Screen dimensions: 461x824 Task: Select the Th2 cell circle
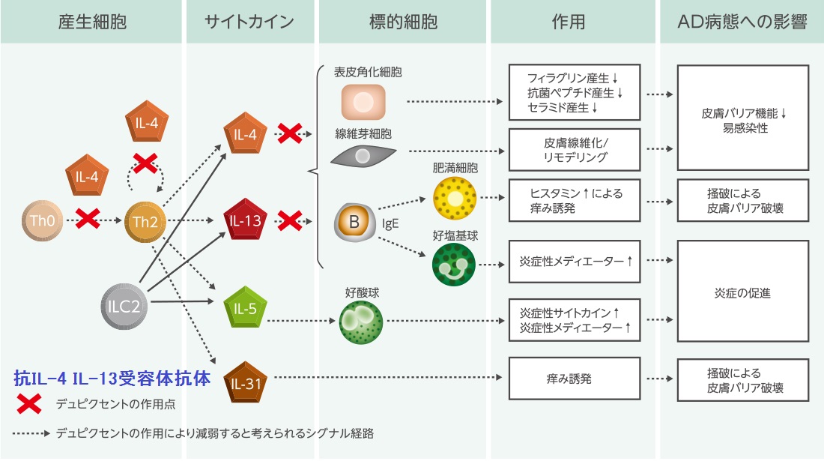(x=143, y=221)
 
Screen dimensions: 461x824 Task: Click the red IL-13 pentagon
(x=246, y=221)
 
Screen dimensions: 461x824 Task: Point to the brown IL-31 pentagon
(x=246, y=382)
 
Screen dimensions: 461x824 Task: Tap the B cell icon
(x=354, y=222)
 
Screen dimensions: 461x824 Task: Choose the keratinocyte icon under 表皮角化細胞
(x=363, y=102)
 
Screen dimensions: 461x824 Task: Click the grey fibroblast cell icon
(x=363, y=155)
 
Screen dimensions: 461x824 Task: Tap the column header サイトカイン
(x=249, y=22)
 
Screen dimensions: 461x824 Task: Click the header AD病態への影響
(x=741, y=22)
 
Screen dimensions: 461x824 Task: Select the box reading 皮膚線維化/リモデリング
(x=575, y=150)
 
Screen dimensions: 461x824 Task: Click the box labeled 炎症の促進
(x=742, y=292)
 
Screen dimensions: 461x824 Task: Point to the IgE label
(x=390, y=223)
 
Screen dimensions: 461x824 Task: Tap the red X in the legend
(x=29, y=404)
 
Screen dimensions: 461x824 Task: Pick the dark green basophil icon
(x=453, y=264)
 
